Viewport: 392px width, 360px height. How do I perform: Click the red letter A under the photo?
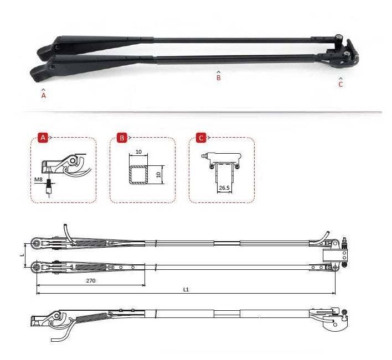coord(44,96)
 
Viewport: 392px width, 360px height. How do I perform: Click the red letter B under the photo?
coord(218,79)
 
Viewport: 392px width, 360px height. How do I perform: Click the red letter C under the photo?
coord(341,85)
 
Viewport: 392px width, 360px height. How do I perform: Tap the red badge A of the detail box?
coord(42,138)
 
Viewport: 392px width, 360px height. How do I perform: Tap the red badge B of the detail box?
coord(122,138)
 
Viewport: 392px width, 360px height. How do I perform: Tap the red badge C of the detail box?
coord(201,138)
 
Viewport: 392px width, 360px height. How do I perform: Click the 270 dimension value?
coord(91,281)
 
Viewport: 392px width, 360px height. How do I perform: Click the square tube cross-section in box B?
coord(139,174)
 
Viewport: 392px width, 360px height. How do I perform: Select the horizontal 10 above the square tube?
coord(139,152)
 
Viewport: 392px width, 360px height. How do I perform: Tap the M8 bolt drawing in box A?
coord(49,186)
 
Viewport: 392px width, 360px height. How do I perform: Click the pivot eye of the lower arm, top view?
coord(37,268)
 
